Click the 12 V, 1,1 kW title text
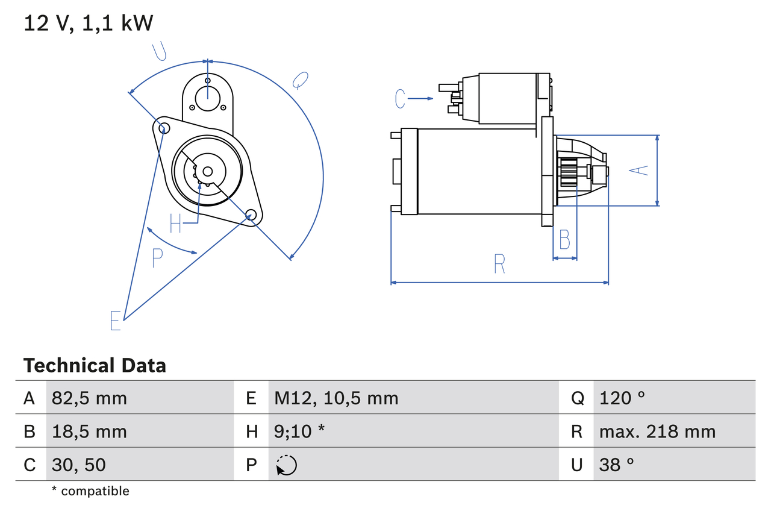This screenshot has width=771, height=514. click(89, 23)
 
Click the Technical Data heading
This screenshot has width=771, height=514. click(95, 365)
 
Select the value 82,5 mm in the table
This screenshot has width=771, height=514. click(89, 398)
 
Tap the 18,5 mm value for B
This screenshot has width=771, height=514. click(89, 431)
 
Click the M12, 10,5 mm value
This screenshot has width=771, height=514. click(336, 398)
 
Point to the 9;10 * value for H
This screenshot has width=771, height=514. click(299, 431)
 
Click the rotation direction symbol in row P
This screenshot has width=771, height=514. click(286, 465)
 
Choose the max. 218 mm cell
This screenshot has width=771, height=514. click(657, 431)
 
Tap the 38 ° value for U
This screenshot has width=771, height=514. click(617, 465)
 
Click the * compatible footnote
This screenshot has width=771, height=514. click(90, 491)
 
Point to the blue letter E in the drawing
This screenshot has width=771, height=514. click(116, 321)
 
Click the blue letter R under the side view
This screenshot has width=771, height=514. click(499, 264)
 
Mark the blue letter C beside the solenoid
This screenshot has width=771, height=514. click(401, 98)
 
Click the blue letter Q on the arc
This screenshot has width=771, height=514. click(300, 80)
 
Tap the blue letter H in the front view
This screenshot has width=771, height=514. click(175, 224)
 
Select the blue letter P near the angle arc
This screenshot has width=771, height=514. click(157, 258)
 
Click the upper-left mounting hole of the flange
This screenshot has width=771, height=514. click(162, 127)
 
